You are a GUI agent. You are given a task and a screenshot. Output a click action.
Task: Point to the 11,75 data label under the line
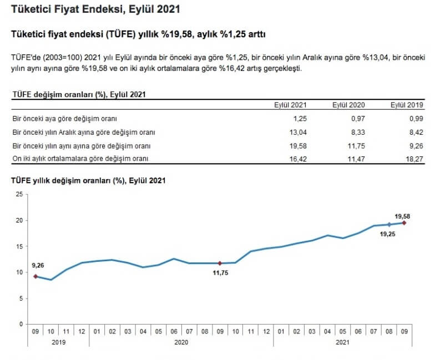[x=220, y=272]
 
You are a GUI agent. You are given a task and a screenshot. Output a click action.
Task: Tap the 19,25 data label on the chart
[x=388, y=234]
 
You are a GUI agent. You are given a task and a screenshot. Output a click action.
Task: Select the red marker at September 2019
[x=36, y=276]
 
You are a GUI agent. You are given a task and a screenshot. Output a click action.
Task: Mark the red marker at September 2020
[x=220, y=263]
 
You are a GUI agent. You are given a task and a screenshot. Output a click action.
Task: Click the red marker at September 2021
[x=404, y=223]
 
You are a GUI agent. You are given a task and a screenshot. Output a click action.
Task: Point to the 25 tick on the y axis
[x=19, y=194]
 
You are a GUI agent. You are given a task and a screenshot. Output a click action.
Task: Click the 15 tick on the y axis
[x=19, y=246]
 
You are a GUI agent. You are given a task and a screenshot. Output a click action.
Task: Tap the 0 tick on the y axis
[x=21, y=324]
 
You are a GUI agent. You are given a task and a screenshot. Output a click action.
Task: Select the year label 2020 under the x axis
[x=181, y=343]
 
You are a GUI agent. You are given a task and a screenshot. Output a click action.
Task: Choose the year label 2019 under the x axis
[x=59, y=343]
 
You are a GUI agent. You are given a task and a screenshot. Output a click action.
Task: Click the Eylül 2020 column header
[x=349, y=105]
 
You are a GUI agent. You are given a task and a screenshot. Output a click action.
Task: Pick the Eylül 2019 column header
[x=407, y=105]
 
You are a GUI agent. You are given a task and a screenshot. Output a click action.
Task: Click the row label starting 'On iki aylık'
[x=82, y=159]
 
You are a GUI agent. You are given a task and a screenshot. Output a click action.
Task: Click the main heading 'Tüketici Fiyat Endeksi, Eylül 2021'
[x=95, y=10]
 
